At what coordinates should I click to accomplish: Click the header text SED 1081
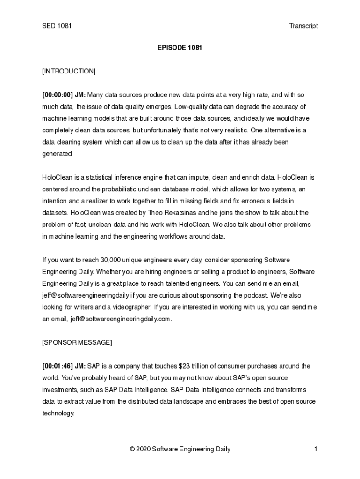click(57, 26)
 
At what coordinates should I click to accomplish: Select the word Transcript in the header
click(303, 26)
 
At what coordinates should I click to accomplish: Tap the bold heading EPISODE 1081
click(180, 48)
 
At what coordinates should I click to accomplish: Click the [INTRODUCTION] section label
click(69, 71)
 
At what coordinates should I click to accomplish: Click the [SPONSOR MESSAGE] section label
click(77, 342)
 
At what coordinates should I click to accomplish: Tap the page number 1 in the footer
click(316, 450)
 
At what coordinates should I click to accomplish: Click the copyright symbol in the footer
click(132, 450)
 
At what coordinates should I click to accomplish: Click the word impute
click(199, 177)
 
